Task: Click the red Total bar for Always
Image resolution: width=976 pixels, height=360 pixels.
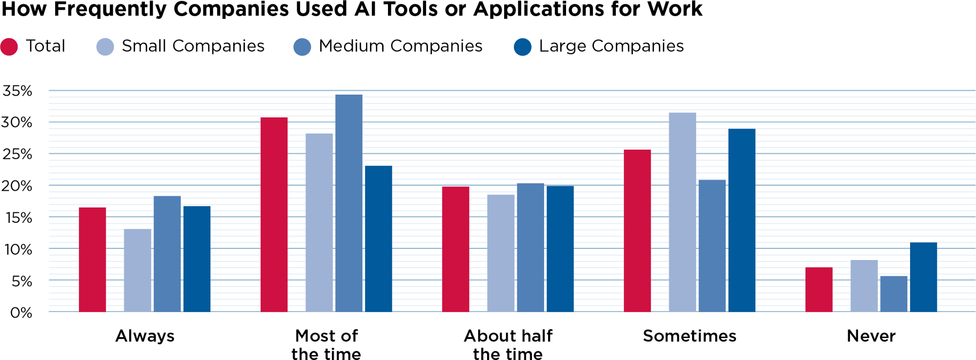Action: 92,260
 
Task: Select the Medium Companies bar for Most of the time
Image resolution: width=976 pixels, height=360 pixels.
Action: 349,203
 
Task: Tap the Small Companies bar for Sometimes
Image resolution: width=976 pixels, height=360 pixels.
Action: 682,212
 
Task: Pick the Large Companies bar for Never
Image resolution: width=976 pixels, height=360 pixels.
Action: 923,277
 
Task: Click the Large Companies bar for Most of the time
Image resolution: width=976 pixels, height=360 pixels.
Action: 378,239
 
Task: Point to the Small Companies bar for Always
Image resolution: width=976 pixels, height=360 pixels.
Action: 138,270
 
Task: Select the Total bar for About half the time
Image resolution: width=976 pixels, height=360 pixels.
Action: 455,249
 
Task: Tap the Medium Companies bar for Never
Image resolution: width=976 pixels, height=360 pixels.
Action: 894,294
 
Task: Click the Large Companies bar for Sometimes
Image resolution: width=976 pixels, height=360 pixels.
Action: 742,220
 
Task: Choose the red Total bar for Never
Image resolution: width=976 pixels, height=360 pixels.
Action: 819,289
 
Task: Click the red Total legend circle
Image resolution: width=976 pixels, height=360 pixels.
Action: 9,47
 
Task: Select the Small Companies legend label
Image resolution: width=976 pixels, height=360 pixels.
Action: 193,46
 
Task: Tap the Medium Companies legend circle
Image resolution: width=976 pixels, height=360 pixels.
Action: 302,47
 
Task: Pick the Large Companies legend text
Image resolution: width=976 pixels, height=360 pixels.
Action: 611,46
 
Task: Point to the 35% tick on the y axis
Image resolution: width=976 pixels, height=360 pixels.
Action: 18,91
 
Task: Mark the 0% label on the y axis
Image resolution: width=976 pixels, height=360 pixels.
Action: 21,312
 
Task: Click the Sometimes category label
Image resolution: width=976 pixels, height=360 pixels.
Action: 689,336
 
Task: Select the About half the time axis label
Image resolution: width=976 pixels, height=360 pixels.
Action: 508,344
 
